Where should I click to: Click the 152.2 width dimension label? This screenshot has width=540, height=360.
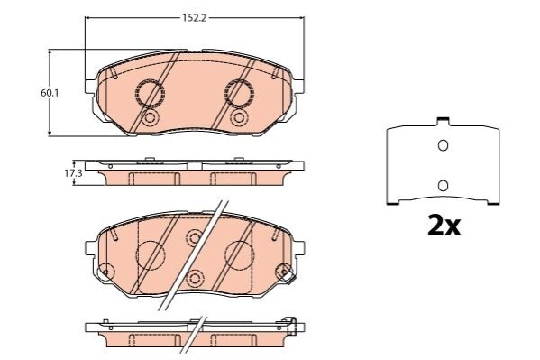[194, 18]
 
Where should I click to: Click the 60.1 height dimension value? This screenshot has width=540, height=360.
[50, 93]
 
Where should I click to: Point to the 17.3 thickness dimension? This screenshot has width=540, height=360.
[73, 173]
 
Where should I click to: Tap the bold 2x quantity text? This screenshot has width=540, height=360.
[444, 226]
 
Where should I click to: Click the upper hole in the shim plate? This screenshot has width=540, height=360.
[443, 145]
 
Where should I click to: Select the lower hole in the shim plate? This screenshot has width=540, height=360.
[443, 186]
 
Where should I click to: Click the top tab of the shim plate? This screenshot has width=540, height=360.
[443, 121]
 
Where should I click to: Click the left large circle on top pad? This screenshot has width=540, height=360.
[150, 93]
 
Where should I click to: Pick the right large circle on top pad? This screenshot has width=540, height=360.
[239, 93]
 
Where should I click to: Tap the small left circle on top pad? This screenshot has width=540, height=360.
[150, 117]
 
